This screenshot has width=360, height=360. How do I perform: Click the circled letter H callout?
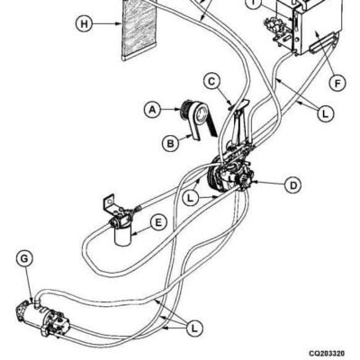[85, 23]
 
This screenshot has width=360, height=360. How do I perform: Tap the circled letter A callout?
[153, 110]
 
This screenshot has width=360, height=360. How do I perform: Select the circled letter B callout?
[170, 144]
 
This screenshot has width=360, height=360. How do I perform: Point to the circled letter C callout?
[211, 82]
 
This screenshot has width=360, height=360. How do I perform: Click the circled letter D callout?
[292, 185]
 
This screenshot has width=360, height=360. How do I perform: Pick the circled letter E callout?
[158, 223]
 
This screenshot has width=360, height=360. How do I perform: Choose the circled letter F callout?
[337, 83]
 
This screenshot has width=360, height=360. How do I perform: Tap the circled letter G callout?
[24, 258]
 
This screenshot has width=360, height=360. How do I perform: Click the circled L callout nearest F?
[325, 113]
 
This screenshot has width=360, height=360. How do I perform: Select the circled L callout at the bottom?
[194, 328]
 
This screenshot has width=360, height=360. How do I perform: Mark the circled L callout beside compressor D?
[190, 198]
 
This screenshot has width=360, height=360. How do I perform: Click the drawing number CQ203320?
[327, 353]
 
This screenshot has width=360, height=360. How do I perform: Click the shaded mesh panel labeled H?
[139, 29]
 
